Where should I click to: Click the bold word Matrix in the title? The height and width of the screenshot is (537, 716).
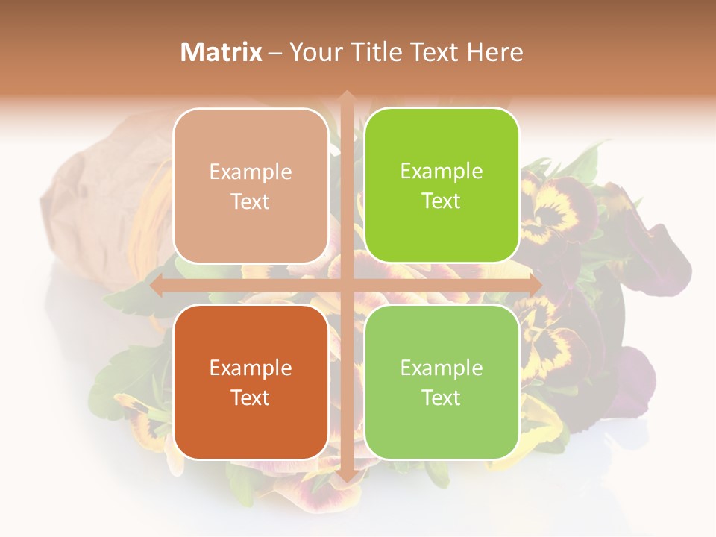click(222, 52)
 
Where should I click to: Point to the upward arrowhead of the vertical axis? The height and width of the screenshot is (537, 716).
click(347, 96)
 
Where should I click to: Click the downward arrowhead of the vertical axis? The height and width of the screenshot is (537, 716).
click(347, 477)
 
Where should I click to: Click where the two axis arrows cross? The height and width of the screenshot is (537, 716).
click(347, 285)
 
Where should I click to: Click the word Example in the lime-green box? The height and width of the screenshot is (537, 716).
click(442, 172)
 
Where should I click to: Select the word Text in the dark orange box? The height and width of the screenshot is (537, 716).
click(251, 398)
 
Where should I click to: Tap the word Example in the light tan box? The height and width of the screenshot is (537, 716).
click(251, 172)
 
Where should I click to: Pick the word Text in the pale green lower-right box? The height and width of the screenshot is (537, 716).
click(442, 398)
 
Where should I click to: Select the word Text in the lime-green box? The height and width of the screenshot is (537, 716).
click(442, 201)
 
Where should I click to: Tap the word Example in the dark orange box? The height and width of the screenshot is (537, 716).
click(251, 368)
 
